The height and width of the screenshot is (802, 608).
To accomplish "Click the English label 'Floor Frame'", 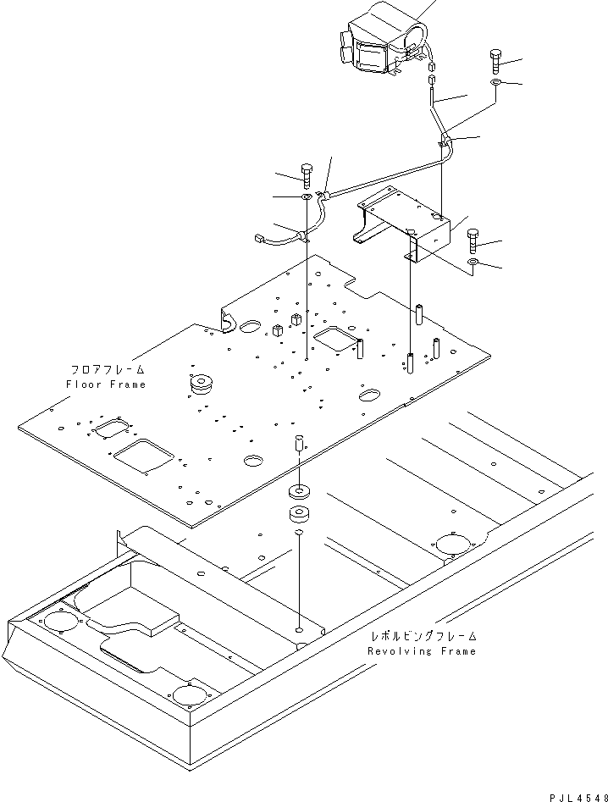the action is (x=106, y=384).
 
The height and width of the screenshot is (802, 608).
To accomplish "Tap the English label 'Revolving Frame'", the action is (x=422, y=651).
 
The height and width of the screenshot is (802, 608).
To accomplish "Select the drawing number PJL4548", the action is (x=578, y=798).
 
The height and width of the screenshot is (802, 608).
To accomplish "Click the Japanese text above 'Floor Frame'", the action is (x=108, y=368).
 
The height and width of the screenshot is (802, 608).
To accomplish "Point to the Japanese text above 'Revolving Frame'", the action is (x=424, y=636).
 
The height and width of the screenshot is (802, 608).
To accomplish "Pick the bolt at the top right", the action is (x=495, y=60).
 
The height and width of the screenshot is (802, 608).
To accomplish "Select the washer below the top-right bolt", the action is (x=495, y=82).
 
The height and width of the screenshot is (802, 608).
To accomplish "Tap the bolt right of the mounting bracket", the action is (x=473, y=241).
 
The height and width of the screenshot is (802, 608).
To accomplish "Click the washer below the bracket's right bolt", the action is (x=473, y=263).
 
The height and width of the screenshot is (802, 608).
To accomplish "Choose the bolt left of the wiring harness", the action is (x=307, y=175).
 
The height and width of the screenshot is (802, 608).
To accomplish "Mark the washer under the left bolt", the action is (x=307, y=197).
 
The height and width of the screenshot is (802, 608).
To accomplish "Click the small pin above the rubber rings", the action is (x=300, y=442).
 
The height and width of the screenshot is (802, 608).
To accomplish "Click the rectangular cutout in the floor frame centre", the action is (x=335, y=339).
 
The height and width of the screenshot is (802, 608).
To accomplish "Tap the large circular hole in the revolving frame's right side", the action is (x=453, y=545).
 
